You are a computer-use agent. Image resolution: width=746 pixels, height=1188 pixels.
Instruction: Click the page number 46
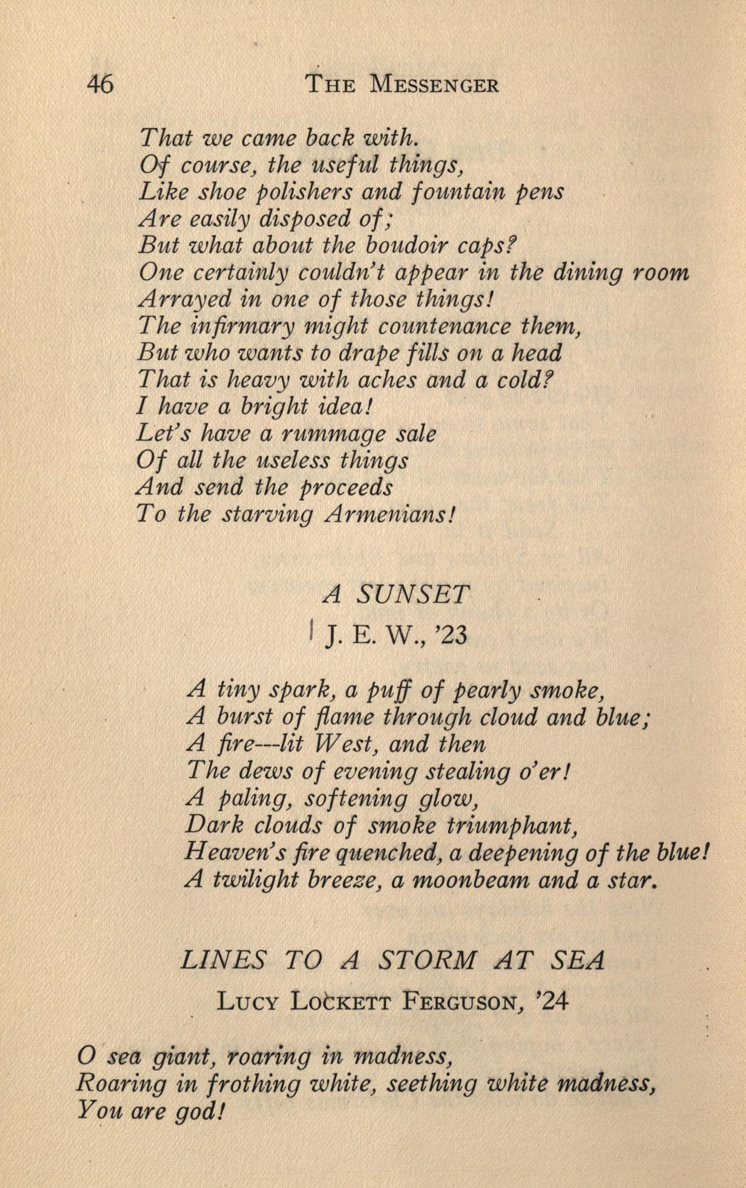100,84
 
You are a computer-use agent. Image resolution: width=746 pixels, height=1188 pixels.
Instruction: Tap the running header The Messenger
402,84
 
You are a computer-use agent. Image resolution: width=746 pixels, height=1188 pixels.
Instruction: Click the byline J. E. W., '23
395,637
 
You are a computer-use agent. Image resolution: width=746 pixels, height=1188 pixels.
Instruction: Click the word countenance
445,327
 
